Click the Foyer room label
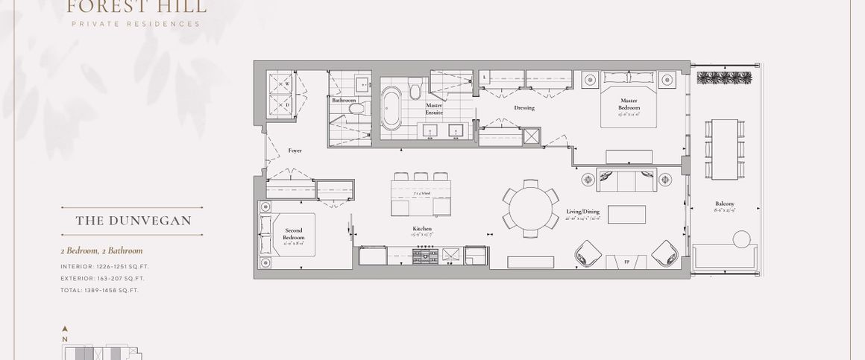point(295,151)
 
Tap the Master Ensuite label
point(434,109)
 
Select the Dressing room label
point(524,108)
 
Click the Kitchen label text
point(422,229)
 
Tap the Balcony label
point(724,204)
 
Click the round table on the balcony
point(742,240)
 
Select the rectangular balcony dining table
point(723,149)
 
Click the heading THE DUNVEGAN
point(133,221)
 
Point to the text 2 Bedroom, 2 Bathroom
point(101,251)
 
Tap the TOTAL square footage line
point(100,289)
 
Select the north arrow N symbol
point(66,337)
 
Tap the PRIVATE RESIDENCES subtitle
point(136,24)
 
